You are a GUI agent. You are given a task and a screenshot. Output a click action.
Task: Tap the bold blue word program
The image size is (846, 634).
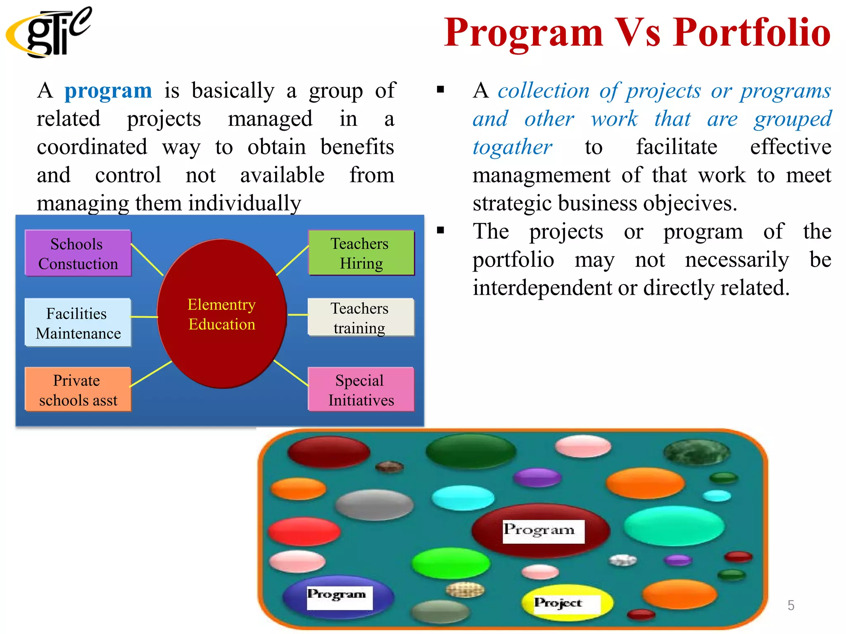coord(108,90)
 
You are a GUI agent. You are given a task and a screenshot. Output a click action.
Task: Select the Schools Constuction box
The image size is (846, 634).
coord(78,253)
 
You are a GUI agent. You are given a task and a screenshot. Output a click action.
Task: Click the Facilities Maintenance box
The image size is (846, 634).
coord(78,323)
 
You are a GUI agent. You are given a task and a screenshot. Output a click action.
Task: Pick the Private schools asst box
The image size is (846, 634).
coord(78,390)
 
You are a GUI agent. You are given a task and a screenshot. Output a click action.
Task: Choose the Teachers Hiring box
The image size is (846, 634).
coord(361,253)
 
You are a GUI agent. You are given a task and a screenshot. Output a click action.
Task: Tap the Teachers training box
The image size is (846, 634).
coord(360,317)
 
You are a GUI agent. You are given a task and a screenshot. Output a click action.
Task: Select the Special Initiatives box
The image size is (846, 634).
coord(361,390)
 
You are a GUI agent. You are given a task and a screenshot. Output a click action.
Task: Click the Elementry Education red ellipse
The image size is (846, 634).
coord(222,314)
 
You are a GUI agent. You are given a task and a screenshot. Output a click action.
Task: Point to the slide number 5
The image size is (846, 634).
coord(791,605)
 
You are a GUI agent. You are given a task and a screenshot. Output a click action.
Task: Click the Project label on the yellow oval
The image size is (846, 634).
coord(558,603)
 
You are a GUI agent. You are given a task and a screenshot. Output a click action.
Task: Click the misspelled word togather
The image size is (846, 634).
coord(512,147)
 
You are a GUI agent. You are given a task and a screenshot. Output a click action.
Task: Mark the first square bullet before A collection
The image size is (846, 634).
coord(440,90)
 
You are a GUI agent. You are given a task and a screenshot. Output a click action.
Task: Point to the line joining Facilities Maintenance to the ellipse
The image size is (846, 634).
coord(144,317)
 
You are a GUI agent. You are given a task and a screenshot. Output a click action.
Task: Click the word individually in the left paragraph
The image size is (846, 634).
coord(245,203)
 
